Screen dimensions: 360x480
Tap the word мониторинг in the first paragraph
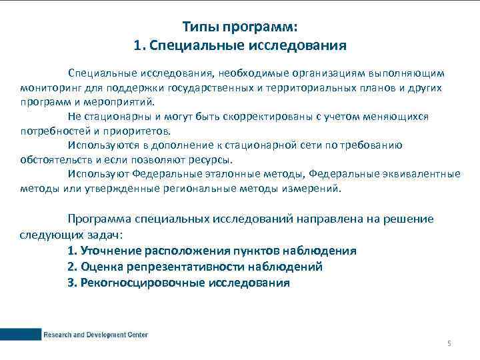click(x=49, y=88)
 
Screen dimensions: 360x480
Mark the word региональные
click(x=193, y=189)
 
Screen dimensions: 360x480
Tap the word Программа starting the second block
click(x=99, y=219)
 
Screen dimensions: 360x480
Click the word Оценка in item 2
click(x=101, y=267)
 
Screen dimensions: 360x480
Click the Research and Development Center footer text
click(x=96, y=335)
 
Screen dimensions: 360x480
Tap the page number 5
click(x=449, y=343)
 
